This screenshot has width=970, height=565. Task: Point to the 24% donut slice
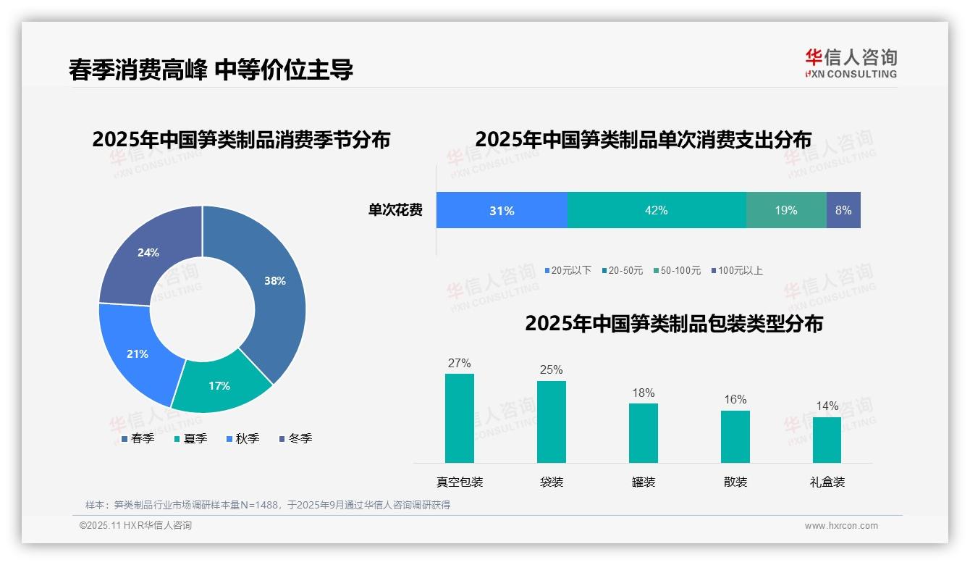(x=148, y=254)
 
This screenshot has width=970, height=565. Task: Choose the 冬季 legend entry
(x=295, y=438)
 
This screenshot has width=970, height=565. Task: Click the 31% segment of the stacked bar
(x=502, y=210)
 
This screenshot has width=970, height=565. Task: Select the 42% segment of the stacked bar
(x=657, y=210)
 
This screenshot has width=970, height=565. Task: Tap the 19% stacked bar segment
(x=786, y=210)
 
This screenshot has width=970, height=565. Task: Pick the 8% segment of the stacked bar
(x=843, y=210)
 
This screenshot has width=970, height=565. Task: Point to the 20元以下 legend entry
(x=568, y=270)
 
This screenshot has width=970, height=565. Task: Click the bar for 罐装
(x=644, y=432)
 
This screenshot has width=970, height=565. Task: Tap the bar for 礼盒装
(x=827, y=440)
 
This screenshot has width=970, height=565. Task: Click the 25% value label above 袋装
(x=551, y=369)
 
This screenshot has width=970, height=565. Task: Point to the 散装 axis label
(x=735, y=482)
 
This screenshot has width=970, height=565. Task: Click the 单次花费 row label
(x=395, y=210)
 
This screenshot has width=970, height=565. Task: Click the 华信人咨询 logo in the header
(x=851, y=62)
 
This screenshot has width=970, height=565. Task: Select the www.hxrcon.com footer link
(x=841, y=525)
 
